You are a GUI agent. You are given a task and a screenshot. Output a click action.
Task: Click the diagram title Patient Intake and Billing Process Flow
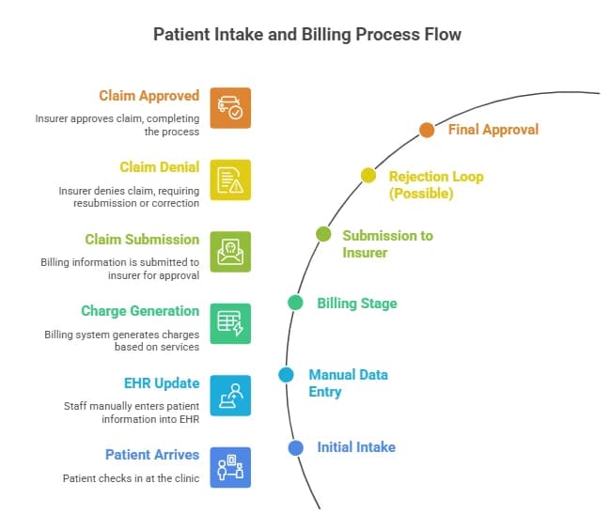click(x=308, y=35)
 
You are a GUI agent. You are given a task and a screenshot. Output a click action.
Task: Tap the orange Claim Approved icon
click(x=230, y=107)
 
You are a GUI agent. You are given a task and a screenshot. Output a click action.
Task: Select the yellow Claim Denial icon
click(x=230, y=179)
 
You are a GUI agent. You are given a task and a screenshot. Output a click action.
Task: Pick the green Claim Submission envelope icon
click(x=230, y=251)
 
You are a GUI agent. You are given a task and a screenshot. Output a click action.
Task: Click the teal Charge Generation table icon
click(x=230, y=323)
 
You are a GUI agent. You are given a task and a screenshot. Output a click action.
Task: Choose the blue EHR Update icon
click(x=230, y=395)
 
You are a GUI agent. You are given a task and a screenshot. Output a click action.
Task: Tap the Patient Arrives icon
click(x=230, y=467)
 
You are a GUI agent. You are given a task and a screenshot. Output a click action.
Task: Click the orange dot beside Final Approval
click(x=427, y=130)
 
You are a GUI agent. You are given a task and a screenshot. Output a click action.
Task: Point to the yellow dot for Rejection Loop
click(x=368, y=176)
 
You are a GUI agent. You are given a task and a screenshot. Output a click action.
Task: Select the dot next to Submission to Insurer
click(x=323, y=234)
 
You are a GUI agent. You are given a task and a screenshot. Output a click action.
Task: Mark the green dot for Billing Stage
click(x=295, y=303)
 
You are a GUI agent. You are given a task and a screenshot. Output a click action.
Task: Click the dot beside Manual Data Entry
click(x=286, y=375)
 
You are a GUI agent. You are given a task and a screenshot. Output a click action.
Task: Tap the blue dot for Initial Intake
click(x=295, y=447)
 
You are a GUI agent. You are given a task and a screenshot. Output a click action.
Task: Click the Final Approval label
click(x=493, y=130)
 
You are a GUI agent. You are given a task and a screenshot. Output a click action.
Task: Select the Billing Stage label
click(x=357, y=304)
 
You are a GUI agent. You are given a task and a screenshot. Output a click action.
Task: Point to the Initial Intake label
click(x=355, y=447)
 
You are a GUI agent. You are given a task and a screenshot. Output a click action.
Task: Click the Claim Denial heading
click(x=159, y=167)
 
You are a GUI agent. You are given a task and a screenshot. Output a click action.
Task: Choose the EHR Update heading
click(x=163, y=382)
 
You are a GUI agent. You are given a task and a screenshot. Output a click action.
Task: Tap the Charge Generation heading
click(x=140, y=311)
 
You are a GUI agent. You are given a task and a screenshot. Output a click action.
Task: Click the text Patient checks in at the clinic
click(x=131, y=478)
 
